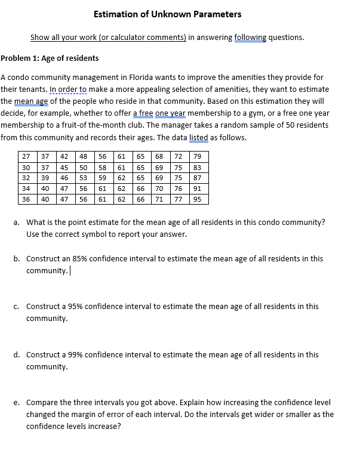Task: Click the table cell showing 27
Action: [26, 156]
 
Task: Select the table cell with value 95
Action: [197, 199]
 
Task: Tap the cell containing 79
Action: [197, 156]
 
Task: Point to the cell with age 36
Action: [26, 199]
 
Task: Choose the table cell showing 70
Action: [159, 189]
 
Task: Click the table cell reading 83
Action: [197, 167]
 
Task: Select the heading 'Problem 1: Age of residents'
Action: [50, 58]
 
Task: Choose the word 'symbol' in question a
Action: [105, 234]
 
